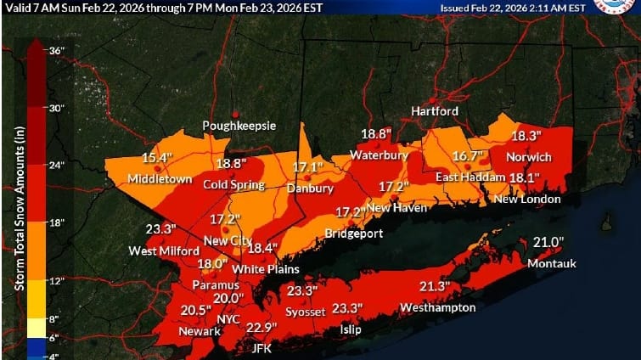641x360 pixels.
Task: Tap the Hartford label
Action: pyautogui.click(x=435, y=111)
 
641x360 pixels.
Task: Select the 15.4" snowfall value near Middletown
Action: pyautogui.click(x=157, y=158)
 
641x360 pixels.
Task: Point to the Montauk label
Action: pyautogui.click(x=552, y=263)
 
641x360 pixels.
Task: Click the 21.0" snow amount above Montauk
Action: pyautogui.click(x=548, y=243)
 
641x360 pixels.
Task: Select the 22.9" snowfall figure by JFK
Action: pyautogui.click(x=262, y=329)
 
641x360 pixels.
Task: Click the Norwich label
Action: pyautogui.click(x=529, y=158)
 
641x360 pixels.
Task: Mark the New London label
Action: pyautogui.click(x=527, y=200)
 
